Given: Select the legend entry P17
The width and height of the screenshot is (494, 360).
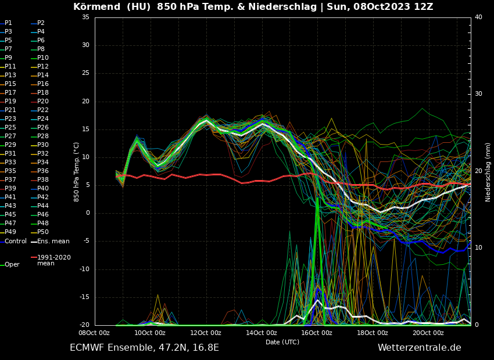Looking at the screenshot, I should pos(10,93).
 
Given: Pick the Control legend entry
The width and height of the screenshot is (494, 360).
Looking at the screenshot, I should pos(16,241).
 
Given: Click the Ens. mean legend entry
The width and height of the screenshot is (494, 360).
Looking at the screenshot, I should pos(53,241).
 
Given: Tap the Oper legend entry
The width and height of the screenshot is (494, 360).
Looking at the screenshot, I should pos(12,264).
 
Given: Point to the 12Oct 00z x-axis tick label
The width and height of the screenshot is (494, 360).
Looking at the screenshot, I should pos(206,333).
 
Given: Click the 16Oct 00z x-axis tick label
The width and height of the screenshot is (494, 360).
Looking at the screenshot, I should pos(317,333).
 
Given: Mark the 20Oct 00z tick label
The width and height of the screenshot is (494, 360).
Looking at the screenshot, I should pos(428,333).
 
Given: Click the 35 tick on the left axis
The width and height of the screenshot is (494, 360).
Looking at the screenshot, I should pos(85,17).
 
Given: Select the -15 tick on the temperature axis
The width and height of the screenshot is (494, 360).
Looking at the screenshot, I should pos(84,297).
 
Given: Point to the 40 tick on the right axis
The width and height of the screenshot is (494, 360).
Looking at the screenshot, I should pos(478,17).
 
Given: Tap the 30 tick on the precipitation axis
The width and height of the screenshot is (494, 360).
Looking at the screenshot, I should pos(478,94).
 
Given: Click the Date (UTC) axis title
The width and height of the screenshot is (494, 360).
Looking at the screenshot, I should pos(282,342).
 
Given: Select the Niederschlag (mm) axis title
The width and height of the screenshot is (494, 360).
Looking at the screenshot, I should pos(488,172).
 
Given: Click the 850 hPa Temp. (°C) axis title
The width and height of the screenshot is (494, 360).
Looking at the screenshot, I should pos(77,172).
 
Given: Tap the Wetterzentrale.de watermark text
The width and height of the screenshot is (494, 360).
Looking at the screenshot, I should pos(419,348).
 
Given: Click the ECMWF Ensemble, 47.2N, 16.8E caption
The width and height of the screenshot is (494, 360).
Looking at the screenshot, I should pos(144,348).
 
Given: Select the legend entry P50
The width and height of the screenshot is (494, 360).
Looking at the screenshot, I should pos(43,232).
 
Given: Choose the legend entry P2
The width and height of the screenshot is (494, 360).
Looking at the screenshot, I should pos(41,23).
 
